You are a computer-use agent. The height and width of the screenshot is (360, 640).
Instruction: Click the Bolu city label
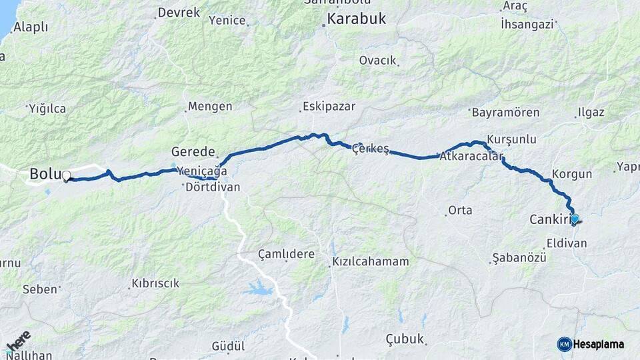point(44,175)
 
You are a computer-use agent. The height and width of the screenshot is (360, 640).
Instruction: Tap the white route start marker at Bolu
point(66,177)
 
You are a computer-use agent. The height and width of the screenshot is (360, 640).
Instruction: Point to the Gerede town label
point(193,151)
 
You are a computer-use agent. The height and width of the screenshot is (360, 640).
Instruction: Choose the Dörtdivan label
point(213,187)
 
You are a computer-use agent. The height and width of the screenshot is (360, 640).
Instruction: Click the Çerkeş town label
point(370,148)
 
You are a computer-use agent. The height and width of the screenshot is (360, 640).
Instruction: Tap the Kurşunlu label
point(511,139)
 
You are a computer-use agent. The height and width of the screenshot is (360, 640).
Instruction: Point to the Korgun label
point(572,174)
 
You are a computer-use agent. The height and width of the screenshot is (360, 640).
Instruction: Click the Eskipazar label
point(329,106)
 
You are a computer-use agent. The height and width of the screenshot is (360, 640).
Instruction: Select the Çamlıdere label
point(285,255)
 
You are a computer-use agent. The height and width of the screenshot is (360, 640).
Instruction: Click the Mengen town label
point(210,106)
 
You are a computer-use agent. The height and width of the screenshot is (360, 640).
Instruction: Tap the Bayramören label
point(505,112)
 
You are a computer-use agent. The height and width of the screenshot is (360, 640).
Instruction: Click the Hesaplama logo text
point(599,344)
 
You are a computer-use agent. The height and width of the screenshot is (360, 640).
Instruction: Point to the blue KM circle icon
point(564,344)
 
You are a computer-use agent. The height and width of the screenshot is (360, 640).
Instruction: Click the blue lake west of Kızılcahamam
point(257,289)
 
